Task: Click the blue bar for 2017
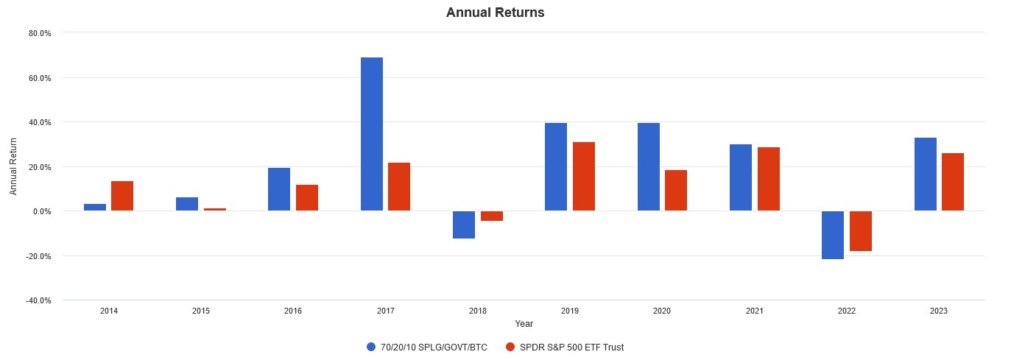[371, 134]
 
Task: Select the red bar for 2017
[399, 187]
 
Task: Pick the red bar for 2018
[492, 216]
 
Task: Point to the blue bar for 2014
[95, 208]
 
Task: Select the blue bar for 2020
[648, 167]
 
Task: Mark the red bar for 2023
[953, 182]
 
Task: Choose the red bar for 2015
[215, 210]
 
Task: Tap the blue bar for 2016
[279, 189]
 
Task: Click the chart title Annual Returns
[495, 13]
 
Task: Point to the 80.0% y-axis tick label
[40, 33]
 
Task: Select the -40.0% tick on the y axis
[39, 300]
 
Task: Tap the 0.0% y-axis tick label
[41, 211]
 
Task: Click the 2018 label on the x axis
[478, 311]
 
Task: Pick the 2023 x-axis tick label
[939, 311]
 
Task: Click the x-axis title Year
[524, 323]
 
